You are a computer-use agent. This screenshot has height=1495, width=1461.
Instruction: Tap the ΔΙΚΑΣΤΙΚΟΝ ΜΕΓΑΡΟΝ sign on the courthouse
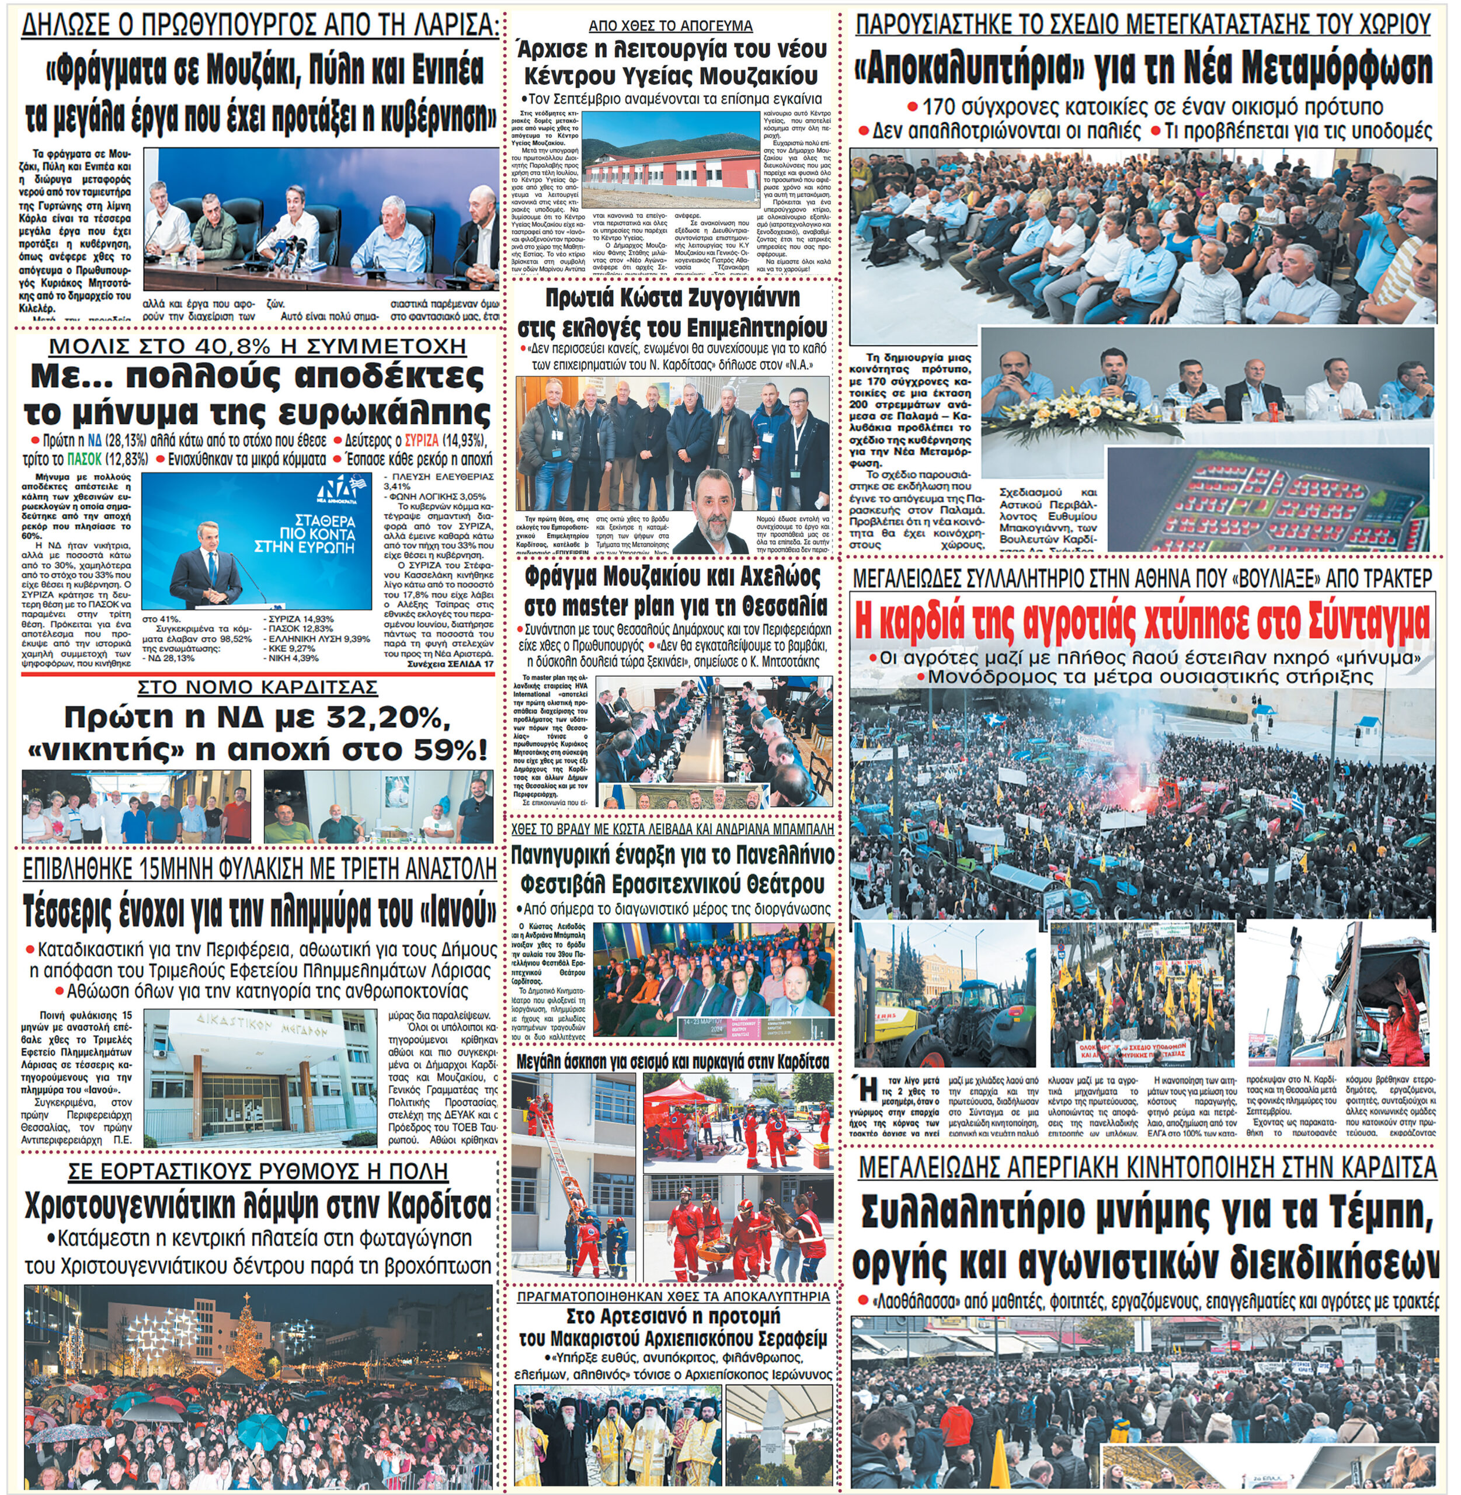click(262, 1024)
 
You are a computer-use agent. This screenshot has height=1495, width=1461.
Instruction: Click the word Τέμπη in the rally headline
click(1375, 1212)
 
